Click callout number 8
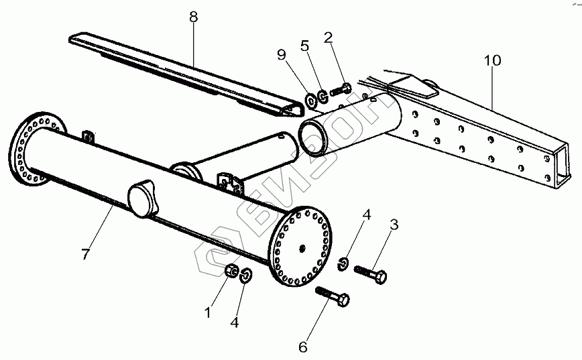coord(193,18)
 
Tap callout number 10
coord(492,60)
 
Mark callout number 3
coord(394,225)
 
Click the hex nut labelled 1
coord(230,272)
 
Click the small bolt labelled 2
coord(341,89)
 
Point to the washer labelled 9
coord(312,101)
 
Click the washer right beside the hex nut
coord(246,275)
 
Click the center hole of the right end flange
coord(304,249)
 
